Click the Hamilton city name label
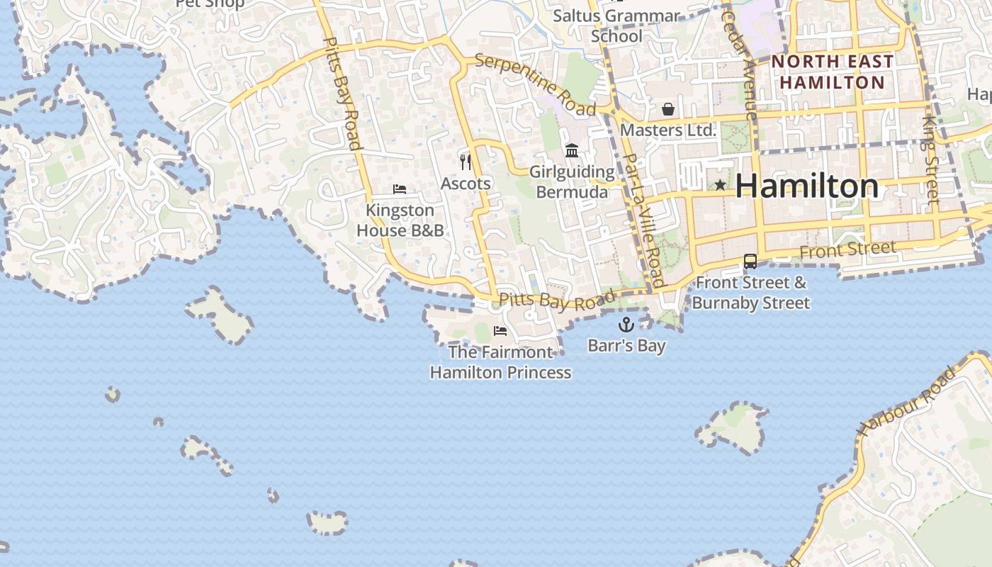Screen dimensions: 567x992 [806, 186]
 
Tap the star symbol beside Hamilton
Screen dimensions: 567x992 [720, 185]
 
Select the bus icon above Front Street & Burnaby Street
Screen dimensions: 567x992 [750, 262]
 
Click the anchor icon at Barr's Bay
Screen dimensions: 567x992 [626, 325]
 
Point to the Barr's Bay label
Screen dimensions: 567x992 [626, 346]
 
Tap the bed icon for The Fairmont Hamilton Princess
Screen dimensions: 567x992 [500, 330]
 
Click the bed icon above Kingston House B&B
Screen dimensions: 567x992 [400, 189]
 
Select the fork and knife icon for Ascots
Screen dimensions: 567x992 [466, 162]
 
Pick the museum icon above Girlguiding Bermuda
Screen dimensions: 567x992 [572, 150]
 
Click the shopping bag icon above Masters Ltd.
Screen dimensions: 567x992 [667, 109]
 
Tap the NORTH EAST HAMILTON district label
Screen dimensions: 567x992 [832, 72]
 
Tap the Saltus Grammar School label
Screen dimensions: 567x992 [616, 26]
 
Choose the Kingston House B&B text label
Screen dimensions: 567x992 [400, 220]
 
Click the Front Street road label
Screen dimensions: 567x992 [847, 249]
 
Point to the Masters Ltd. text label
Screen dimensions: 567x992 [668, 130]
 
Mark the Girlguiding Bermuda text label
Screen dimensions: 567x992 [572, 182]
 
